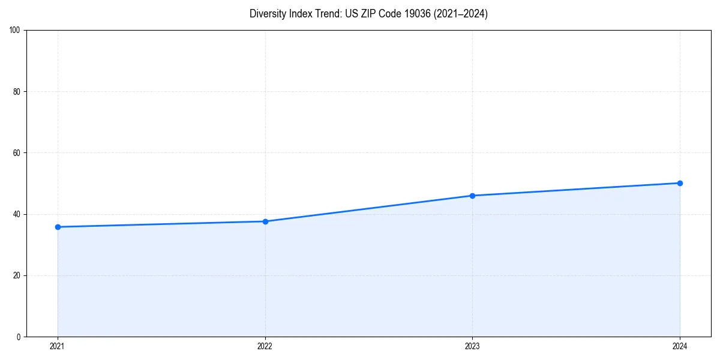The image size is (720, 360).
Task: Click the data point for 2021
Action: click(x=58, y=227)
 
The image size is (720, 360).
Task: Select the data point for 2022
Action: click(x=265, y=221)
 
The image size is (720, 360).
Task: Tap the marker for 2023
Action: click(x=472, y=196)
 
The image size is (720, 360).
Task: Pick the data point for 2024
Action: click(x=680, y=183)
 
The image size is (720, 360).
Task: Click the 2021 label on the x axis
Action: click(x=58, y=346)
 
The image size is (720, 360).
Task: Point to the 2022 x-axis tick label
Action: click(x=265, y=346)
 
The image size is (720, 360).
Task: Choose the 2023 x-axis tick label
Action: click(x=472, y=346)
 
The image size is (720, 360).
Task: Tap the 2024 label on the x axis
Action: click(x=680, y=346)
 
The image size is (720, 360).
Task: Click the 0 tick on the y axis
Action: click(x=19, y=337)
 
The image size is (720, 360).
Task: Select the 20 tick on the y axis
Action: click(x=17, y=275)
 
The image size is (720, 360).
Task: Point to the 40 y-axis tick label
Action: click(x=17, y=214)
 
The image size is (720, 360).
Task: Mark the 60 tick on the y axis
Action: click(x=17, y=153)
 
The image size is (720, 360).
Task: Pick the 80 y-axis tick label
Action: click(x=17, y=92)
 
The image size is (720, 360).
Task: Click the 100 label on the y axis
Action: click(x=15, y=31)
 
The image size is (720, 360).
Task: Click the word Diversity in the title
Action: click(x=268, y=14)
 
